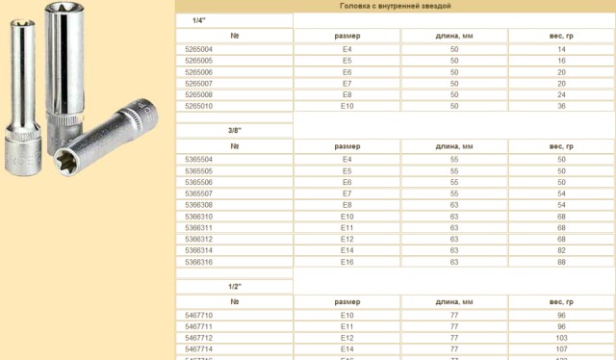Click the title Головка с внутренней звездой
pos(396,6)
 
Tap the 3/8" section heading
pos(234,130)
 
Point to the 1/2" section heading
pos(234,286)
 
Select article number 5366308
pos(198,204)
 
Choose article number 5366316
pos(198,261)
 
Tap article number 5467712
pos(198,337)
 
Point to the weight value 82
pos(561,249)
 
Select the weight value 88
pos(561,261)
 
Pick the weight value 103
pos(561,337)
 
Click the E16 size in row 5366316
pos(346,261)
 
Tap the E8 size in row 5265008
pos(346,94)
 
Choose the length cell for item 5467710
pos(454,315)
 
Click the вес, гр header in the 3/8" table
pos(561,145)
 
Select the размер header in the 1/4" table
pos(346,35)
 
